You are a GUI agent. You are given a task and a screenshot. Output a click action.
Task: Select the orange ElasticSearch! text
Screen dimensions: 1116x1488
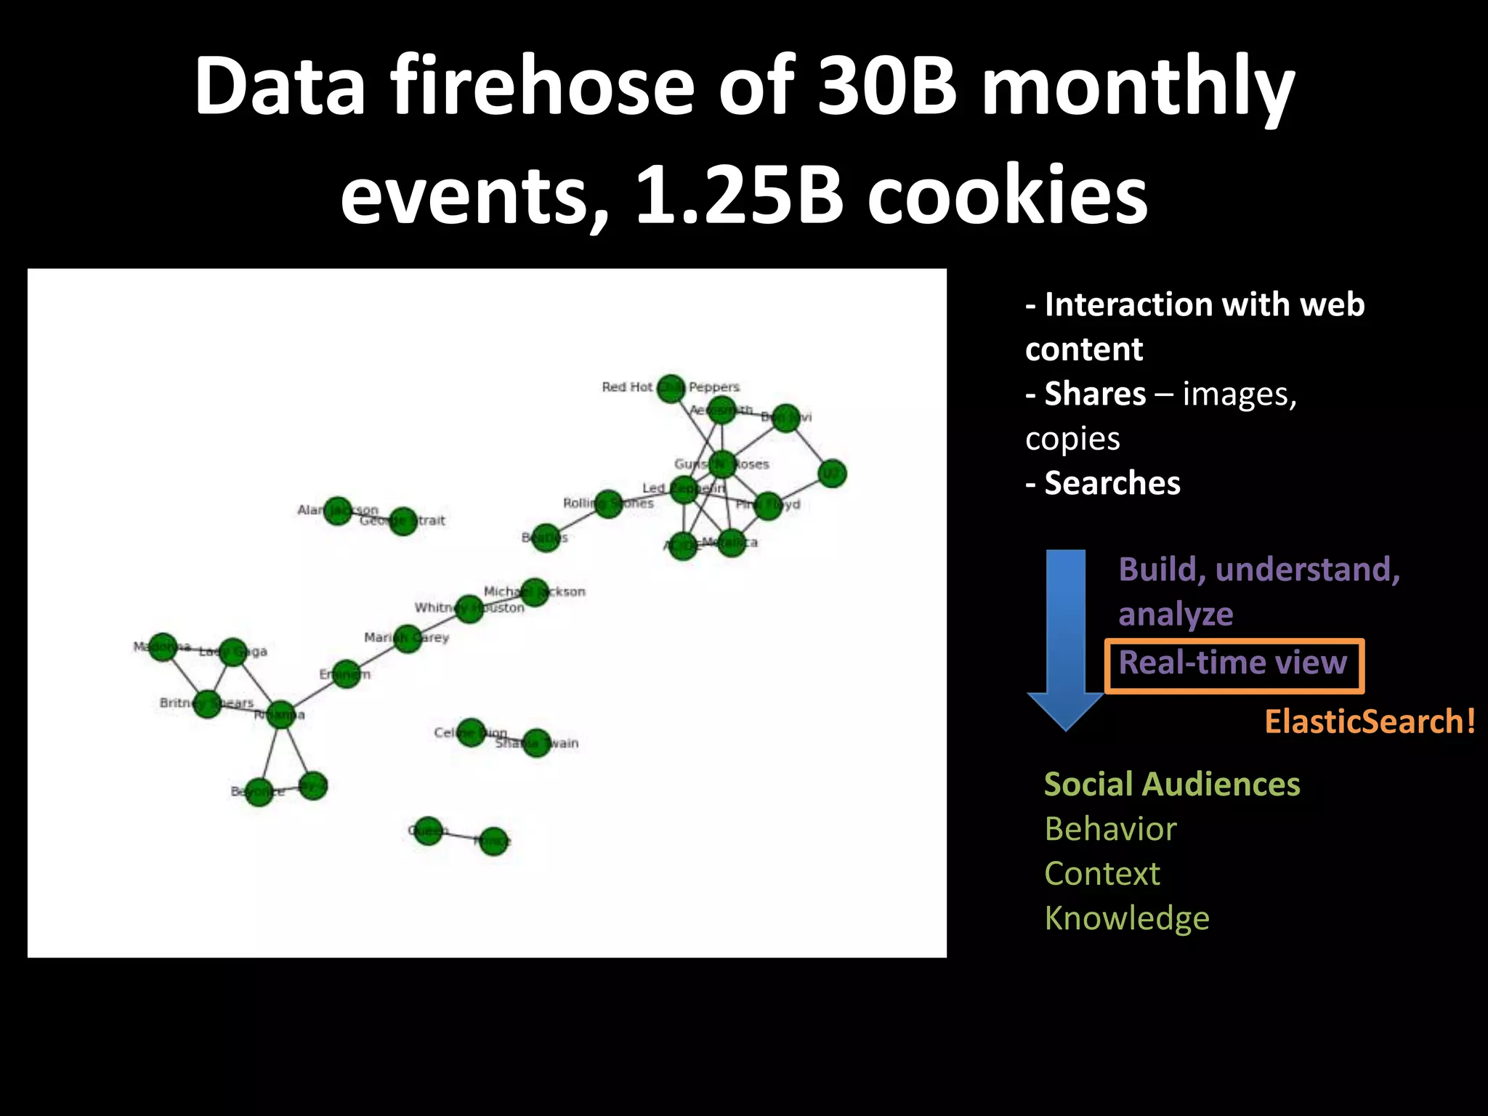(1370, 721)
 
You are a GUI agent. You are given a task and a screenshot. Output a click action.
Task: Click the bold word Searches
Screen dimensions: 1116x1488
(1112, 483)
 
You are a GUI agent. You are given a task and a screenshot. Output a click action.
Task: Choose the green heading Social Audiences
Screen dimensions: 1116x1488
(1172, 785)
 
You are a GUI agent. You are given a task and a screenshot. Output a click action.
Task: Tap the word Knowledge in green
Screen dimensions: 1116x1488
(1127, 918)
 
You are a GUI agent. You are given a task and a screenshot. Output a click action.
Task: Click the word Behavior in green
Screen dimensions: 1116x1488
(1110, 829)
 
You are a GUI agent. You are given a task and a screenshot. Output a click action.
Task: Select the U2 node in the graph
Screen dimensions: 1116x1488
(832, 474)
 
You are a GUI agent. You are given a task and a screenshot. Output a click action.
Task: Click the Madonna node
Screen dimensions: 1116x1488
(163, 647)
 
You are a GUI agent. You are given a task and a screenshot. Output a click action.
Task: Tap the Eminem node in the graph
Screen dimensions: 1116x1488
(346, 674)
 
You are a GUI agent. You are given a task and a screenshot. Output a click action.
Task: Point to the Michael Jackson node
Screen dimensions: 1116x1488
(535, 592)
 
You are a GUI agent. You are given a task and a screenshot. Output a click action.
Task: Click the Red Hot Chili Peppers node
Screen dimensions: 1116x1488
(671, 388)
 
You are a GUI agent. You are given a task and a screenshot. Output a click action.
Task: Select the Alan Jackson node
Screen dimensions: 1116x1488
(338, 511)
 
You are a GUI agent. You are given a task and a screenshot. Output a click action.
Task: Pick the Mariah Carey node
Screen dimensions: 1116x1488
(408, 639)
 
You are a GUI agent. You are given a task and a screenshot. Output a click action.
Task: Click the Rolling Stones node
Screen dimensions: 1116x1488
(609, 504)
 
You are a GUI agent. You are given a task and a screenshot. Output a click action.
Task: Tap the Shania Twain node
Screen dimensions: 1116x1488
(536, 743)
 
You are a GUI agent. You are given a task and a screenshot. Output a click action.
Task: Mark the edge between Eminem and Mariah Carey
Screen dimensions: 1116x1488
(376, 656)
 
